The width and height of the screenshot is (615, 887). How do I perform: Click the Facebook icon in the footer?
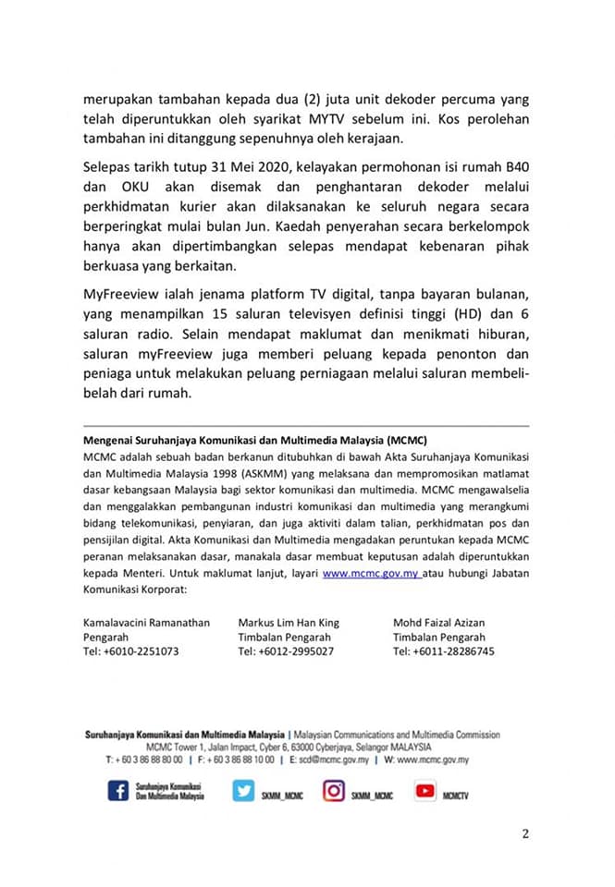coord(118,791)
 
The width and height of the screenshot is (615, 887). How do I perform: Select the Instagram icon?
coord(333,791)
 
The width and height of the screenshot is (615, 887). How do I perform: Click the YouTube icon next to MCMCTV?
coord(424,791)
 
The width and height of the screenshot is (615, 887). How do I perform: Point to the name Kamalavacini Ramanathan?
coord(146,623)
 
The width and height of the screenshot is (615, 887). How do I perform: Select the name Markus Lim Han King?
coord(289,623)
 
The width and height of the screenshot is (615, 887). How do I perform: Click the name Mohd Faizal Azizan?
coord(438,623)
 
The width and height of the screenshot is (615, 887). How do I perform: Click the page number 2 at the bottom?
coord(525,834)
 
